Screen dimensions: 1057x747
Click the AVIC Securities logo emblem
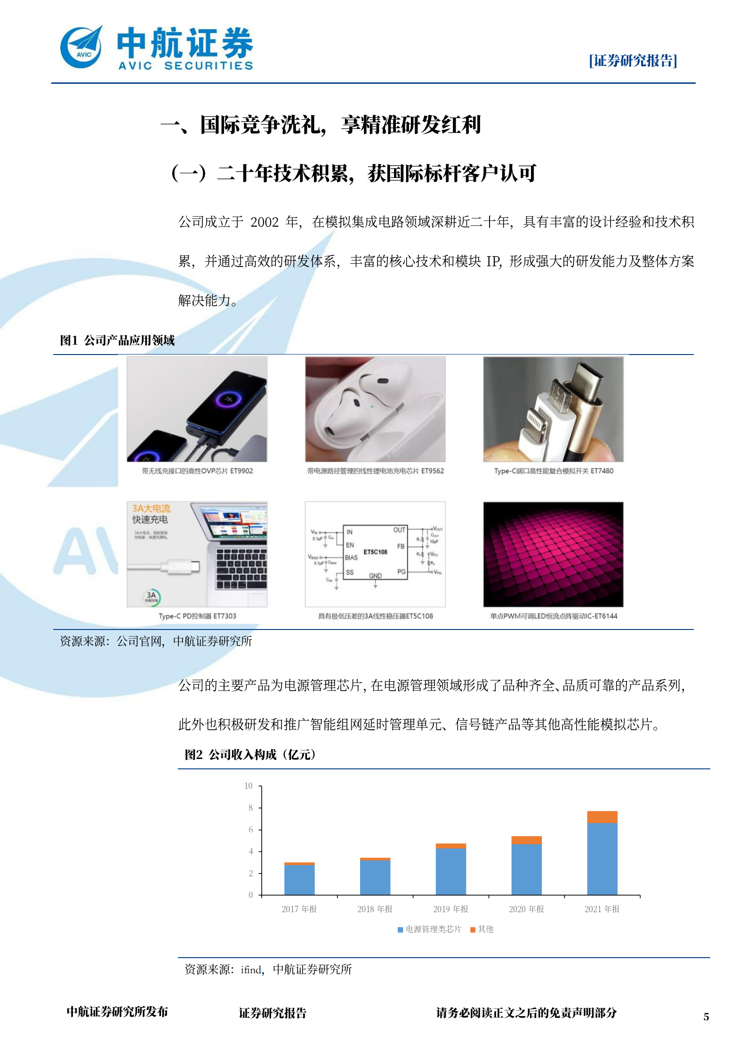click(x=81, y=48)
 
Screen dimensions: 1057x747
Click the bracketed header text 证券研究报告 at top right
click(x=633, y=61)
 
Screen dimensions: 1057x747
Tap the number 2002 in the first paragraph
click(x=265, y=222)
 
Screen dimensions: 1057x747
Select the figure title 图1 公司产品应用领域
click(x=117, y=340)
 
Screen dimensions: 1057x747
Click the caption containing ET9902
click(x=197, y=471)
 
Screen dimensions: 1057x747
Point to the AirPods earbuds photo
click(x=375, y=409)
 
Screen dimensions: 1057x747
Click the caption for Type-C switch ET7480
click(x=554, y=471)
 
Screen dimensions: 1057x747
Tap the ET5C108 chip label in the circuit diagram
click(x=375, y=552)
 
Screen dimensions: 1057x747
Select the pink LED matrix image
click(x=553, y=554)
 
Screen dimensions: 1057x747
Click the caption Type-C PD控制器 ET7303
click(x=197, y=616)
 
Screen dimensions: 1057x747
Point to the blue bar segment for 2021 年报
click(x=602, y=858)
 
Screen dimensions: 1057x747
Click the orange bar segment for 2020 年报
click(x=526, y=840)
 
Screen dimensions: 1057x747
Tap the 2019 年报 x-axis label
click(x=450, y=909)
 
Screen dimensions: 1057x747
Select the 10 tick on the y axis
click(x=249, y=786)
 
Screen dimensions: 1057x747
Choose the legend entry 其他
click(x=482, y=929)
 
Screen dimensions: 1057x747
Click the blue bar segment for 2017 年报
click(x=299, y=879)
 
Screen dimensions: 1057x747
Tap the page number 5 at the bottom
click(x=706, y=1017)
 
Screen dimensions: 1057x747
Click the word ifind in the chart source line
click(x=251, y=969)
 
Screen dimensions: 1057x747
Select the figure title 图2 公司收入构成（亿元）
click(x=250, y=755)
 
